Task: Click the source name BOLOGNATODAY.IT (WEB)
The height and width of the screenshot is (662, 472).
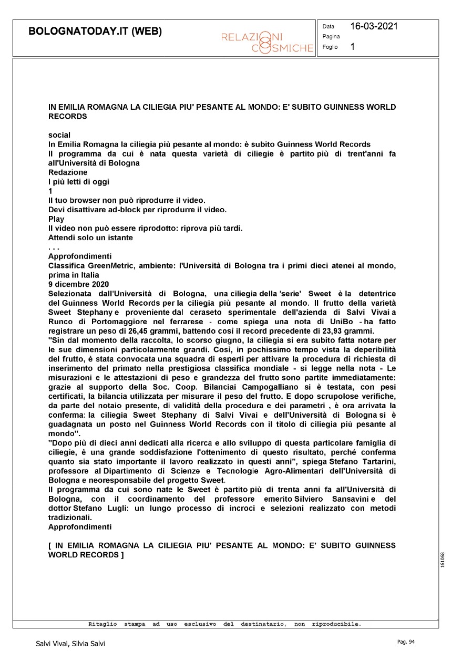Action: (x=95, y=31)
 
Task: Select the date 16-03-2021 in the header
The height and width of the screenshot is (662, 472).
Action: (x=374, y=26)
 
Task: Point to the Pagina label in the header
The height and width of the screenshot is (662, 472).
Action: (x=331, y=37)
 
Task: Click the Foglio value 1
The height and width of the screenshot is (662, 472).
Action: (x=353, y=47)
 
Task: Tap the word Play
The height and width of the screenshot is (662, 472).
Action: (x=56, y=219)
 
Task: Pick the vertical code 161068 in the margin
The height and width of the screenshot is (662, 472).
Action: (x=444, y=560)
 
